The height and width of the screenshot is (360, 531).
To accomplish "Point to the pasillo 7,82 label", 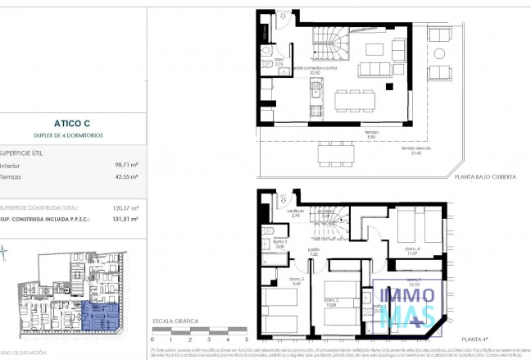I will (313, 251).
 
